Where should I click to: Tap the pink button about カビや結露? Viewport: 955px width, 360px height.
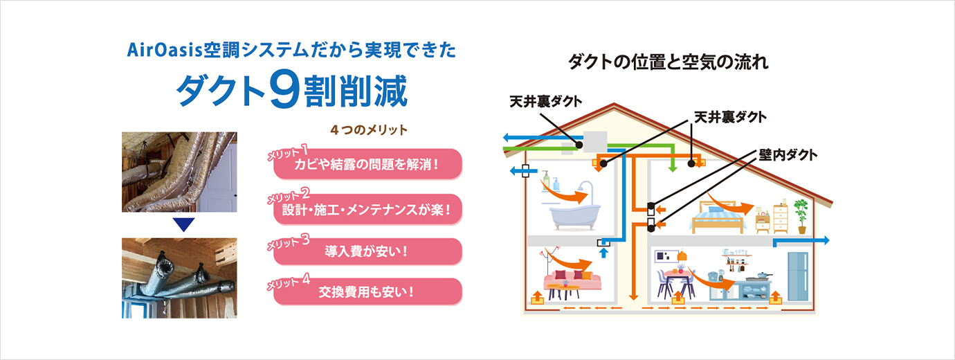367,164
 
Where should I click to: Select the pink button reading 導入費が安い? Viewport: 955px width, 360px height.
367,251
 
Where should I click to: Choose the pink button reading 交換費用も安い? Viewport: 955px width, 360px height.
367,291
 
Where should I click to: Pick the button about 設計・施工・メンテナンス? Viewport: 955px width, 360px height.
367,210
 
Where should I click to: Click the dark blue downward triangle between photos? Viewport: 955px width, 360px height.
184,225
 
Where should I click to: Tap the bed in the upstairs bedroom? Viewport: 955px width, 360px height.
718,217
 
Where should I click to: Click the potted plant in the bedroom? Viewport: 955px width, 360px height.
801,216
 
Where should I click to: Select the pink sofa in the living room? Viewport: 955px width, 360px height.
572,280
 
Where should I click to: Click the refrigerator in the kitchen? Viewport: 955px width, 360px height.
798,276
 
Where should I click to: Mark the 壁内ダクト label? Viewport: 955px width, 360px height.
788,155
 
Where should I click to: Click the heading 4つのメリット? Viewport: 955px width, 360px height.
369,129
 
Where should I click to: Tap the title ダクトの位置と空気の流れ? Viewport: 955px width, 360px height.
668,62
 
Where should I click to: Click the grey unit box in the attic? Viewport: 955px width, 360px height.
594,141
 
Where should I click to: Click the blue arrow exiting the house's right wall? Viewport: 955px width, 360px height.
801,242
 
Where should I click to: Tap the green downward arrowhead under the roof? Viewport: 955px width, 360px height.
673,168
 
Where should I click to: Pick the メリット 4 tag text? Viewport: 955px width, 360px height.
289,282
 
